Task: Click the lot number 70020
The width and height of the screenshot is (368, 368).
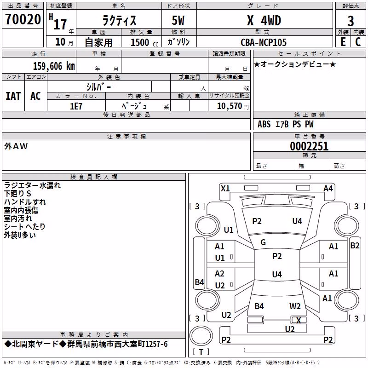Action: [23, 19]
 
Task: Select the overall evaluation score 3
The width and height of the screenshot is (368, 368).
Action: [351, 21]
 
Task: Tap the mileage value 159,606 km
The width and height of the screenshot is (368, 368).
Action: [54, 66]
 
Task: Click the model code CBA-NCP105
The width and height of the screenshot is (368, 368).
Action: [264, 42]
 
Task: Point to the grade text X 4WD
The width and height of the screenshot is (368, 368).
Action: [264, 20]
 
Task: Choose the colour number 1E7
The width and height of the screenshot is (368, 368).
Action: [76, 106]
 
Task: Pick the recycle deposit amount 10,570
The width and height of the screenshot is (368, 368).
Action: [230, 106]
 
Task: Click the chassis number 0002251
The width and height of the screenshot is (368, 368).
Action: [309, 146]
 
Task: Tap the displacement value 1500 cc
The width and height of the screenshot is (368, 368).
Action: [144, 42]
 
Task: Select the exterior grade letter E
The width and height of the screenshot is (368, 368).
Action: [343, 42]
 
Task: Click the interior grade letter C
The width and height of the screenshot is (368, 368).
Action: [358, 42]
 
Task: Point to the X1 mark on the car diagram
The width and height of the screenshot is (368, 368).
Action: [225, 189]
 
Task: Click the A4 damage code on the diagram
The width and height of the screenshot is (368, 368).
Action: [328, 189]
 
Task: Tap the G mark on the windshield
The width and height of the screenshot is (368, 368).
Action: [263, 242]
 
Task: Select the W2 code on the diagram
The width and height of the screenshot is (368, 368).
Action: [295, 306]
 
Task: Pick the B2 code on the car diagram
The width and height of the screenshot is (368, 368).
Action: [355, 246]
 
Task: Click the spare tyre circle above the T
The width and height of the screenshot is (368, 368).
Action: [201, 335]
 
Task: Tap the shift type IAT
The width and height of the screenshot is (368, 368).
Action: [13, 96]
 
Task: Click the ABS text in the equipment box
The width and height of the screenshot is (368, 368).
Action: [264, 124]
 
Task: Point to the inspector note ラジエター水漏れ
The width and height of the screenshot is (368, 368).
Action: [32, 185]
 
